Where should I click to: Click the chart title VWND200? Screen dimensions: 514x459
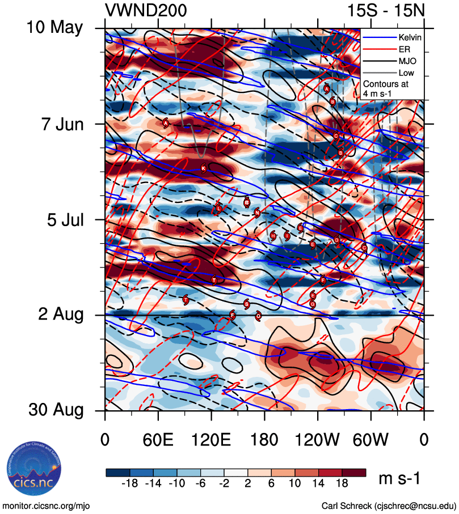(146, 10)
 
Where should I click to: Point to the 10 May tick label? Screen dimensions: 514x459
(54, 28)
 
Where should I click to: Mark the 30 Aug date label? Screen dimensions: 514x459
(54, 410)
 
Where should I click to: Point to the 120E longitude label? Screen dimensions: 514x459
(211, 440)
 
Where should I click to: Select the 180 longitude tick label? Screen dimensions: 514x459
(264, 440)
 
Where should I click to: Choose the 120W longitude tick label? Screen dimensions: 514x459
(317, 440)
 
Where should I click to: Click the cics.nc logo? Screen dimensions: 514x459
(34, 471)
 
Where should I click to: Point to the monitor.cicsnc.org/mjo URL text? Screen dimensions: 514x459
(47, 505)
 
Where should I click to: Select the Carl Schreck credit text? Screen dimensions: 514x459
(389, 505)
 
